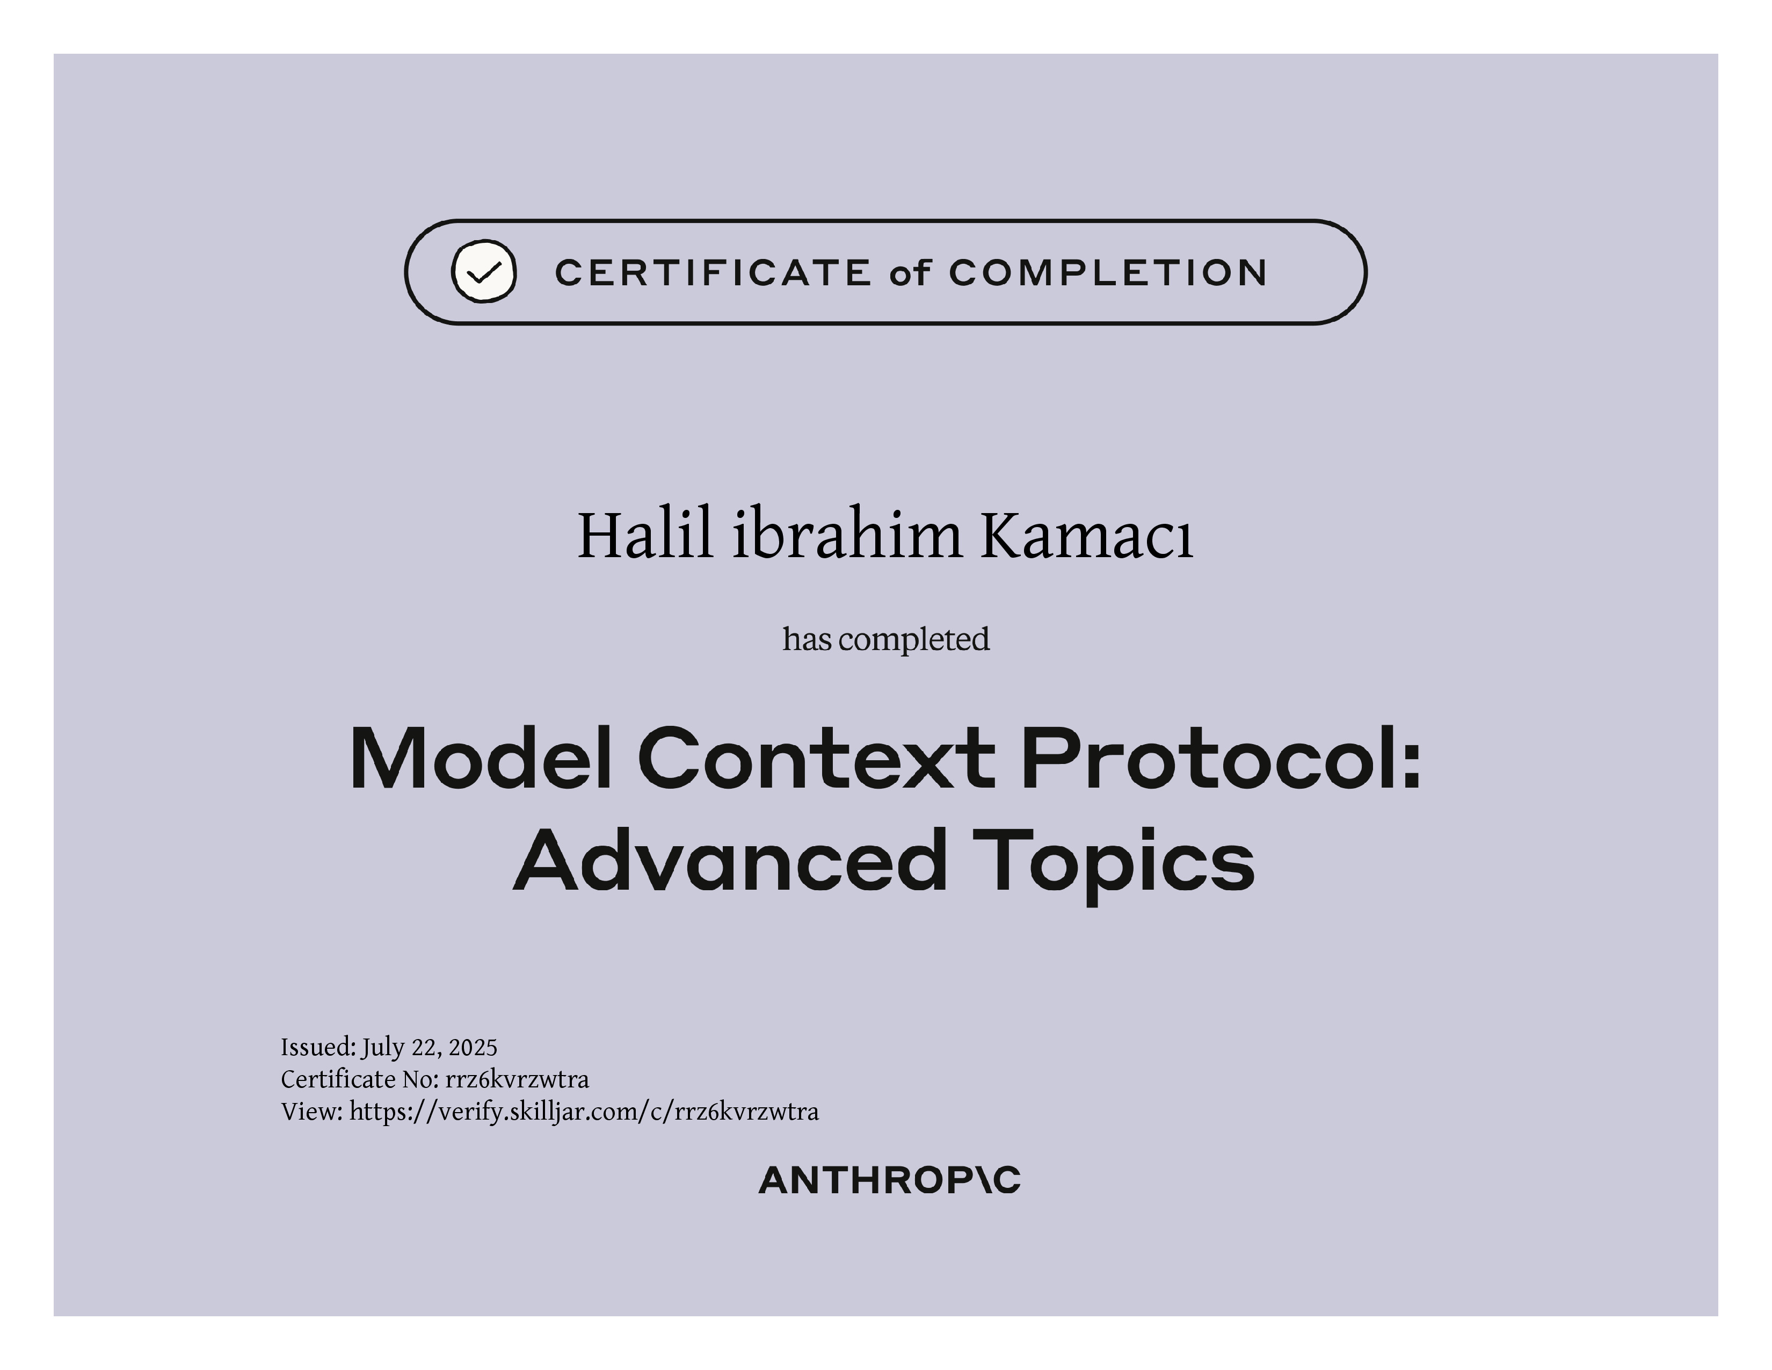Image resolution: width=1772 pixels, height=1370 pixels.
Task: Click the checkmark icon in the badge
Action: coord(484,271)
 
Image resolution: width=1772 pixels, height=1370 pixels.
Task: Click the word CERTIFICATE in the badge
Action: coord(713,273)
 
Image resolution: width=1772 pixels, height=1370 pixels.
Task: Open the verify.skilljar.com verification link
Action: coord(584,1112)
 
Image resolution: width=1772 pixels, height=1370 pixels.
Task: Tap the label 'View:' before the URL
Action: coord(313,1111)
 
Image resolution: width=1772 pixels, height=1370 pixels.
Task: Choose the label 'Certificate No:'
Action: coord(360,1079)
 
